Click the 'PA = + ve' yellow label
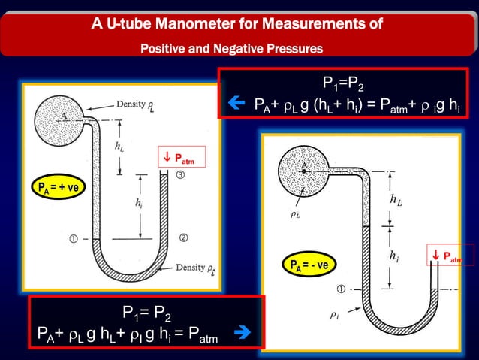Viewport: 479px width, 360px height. click(59, 186)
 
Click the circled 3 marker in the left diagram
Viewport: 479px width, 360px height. click(180, 174)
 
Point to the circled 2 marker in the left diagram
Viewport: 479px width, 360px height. click(182, 238)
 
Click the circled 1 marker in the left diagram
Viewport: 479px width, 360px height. click(74, 239)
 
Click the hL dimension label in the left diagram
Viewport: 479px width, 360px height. click(119, 147)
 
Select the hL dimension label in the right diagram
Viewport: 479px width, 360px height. click(395, 199)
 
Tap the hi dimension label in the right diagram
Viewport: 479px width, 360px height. click(394, 256)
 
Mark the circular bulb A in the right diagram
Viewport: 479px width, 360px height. click(304, 168)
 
